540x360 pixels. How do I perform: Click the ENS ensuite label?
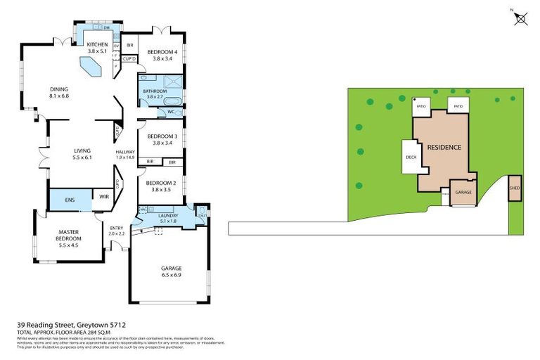(69, 200)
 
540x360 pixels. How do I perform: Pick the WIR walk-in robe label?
(103, 197)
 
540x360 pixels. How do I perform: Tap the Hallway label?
(125, 155)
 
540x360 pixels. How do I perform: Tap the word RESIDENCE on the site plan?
(444, 148)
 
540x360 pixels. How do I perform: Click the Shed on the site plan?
(515, 188)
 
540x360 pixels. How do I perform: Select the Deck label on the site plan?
(411, 157)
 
